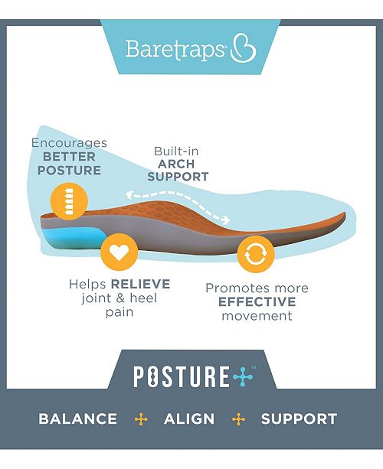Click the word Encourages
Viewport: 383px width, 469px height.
tap(68, 143)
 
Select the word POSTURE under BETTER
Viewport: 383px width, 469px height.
tap(69, 170)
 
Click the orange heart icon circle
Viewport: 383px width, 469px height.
tap(119, 251)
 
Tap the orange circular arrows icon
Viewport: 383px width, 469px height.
tap(255, 256)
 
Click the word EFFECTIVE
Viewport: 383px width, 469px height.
tap(257, 301)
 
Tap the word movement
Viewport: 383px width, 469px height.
tap(257, 315)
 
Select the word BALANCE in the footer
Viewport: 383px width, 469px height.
tap(78, 419)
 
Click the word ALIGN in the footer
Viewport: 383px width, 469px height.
tap(189, 419)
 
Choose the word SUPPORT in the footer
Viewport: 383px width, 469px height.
tap(299, 419)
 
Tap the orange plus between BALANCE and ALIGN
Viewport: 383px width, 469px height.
tap(140, 419)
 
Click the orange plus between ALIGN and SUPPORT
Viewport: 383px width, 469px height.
tap(238, 419)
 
